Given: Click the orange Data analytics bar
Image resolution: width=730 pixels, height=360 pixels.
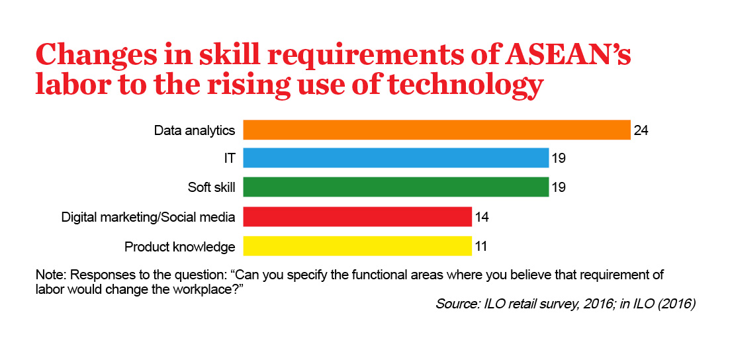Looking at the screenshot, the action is [x=437, y=130].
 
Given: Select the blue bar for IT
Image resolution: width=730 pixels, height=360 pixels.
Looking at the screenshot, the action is [x=396, y=158].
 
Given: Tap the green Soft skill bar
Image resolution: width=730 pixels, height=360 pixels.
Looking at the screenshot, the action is [x=396, y=187].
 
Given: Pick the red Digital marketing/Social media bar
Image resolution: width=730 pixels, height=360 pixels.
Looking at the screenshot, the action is [x=357, y=216].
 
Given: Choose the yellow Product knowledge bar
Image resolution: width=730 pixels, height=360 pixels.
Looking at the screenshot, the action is [x=357, y=246].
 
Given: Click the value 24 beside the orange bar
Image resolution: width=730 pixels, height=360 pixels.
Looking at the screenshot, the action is [x=641, y=130].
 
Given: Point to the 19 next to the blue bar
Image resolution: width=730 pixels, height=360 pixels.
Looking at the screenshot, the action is [x=559, y=158].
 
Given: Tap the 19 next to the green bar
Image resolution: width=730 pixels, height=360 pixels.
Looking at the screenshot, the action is [x=559, y=187].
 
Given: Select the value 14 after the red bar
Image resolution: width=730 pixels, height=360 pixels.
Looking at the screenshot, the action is [x=482, y=217].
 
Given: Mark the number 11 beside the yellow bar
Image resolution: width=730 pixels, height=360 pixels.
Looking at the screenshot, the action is [x=481, y=246].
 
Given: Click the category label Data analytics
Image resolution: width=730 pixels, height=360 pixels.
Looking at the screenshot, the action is [x=195, y=131].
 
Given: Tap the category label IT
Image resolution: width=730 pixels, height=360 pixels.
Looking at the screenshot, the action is [x=230, y=159].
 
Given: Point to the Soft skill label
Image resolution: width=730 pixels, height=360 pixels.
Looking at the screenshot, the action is [x=211, y=188].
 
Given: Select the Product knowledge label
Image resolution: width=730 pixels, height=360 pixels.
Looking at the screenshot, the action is [x=180, y=246].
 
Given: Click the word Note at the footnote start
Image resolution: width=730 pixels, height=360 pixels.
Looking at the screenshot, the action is [x=48, y=275].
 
